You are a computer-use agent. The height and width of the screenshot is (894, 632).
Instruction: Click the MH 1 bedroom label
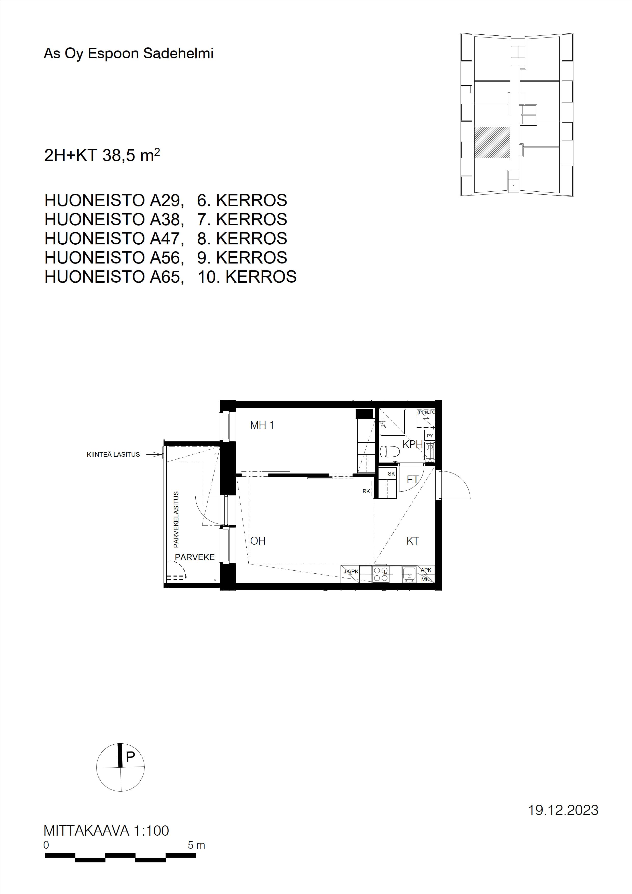(x=262, y=425)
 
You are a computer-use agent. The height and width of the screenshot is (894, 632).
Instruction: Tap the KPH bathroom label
(x=412, y=444)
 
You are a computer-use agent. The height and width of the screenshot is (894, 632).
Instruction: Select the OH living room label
(x=258, y=541)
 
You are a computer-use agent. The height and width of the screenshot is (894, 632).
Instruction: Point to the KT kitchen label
(x=412, y=541)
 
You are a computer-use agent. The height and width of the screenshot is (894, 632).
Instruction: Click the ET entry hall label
(x=412, y=480)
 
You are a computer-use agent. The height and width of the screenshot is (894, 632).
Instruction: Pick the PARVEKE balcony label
(x=195, y=557)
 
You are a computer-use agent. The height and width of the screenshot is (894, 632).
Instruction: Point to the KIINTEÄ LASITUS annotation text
(x=113, y=454)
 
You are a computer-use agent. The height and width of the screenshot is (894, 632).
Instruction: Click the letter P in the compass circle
(x=130, y=757)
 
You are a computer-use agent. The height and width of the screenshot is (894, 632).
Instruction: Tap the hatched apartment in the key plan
(x=492, y=142)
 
